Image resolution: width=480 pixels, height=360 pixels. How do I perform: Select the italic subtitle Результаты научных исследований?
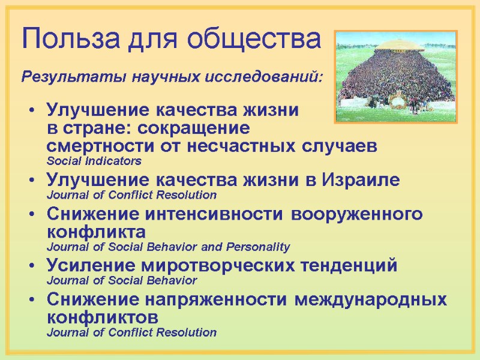pyautogui.click(x=172, y=77)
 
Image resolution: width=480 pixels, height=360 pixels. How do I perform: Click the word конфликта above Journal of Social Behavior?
pyautogui.click(x=95, y=232)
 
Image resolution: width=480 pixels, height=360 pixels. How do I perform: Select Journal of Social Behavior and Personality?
pyautogui.click(x=168, y=247)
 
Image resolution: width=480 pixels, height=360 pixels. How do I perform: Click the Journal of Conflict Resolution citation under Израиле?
pyautogui.click(x=131, y=195)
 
